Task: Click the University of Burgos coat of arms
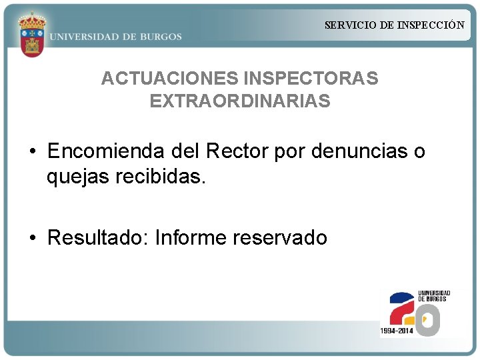(x=31, y=34)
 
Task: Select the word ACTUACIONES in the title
(x=169, y=79)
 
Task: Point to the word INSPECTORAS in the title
(x=311, y=79)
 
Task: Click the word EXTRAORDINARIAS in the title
(x=240, y=101)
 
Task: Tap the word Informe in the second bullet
(x=191, y=238)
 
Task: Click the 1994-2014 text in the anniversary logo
(x=397, y=331)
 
